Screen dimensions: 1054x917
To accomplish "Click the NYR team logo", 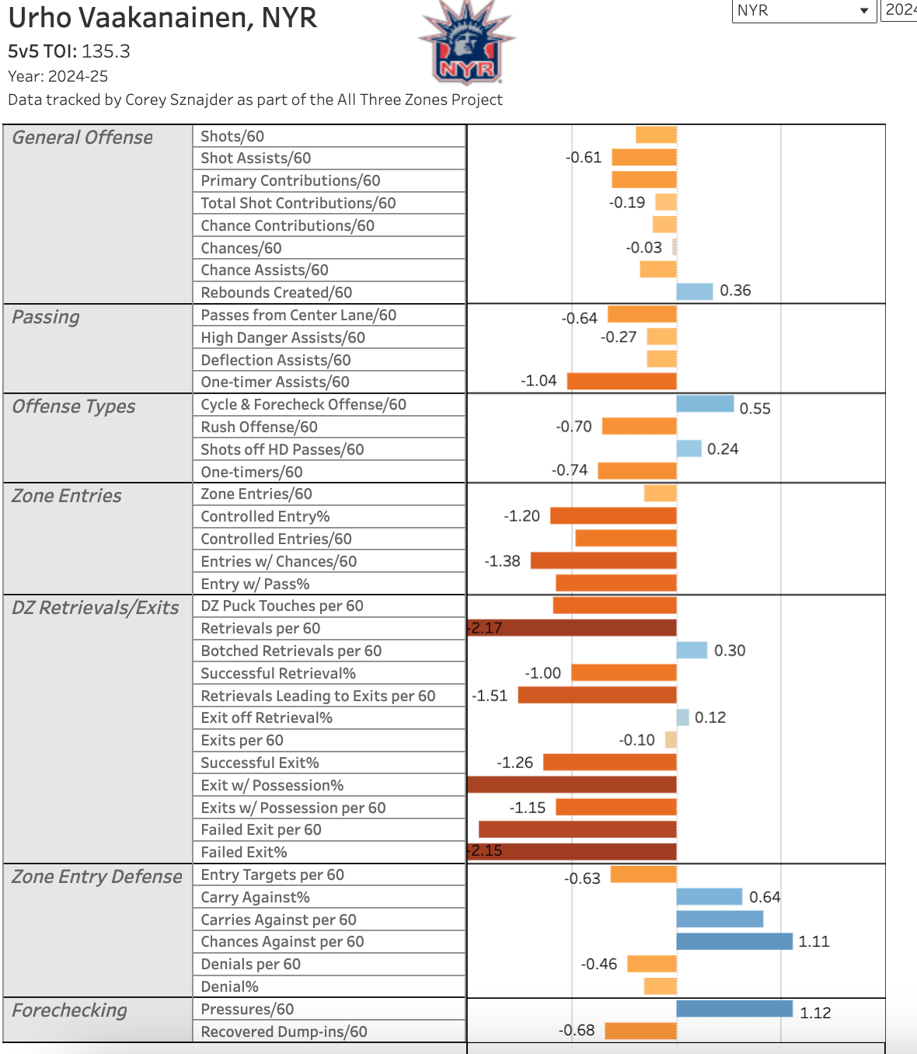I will point(466,43).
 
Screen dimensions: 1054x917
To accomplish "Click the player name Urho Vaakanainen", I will point(162,17).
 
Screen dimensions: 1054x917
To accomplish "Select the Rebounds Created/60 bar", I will point(694,291).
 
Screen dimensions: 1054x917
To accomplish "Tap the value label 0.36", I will point(735,291).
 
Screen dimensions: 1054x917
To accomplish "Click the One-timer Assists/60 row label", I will point(275,382).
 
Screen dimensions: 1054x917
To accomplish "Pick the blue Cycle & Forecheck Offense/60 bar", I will point(705,403).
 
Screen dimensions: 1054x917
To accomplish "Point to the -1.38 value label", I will point(502,561).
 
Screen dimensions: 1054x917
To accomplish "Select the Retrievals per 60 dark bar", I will point(572,628).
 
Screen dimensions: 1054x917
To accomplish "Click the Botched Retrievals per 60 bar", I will point(692,650).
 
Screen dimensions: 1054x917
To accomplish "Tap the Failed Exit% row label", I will point(244,852).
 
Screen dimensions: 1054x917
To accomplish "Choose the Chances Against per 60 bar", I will point(734,941).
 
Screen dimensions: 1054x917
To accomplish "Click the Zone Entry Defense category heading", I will point(97,877).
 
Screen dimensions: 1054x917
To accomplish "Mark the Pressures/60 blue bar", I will point(734,1009).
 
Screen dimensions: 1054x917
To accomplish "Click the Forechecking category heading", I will point(69,1010).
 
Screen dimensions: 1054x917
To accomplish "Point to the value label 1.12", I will point(815,1013).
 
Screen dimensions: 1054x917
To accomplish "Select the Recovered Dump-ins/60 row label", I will point(284,1031).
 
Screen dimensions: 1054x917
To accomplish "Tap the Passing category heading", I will point(46,317).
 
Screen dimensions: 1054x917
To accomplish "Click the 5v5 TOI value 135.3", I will point(106,51).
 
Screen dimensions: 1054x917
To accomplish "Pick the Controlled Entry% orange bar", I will point(613,515).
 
